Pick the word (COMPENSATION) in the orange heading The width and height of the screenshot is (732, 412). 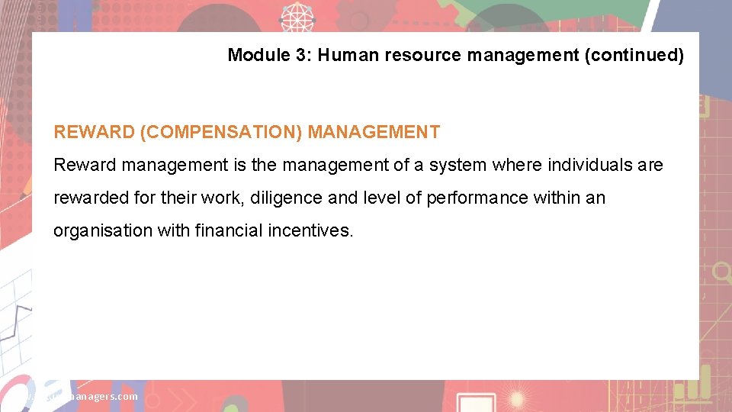coord(221,132)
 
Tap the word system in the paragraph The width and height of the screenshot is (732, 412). coord(458,165)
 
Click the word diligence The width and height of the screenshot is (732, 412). coord(288,198)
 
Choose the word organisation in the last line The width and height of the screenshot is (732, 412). coord(102,230)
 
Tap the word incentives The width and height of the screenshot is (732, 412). coord(311,230)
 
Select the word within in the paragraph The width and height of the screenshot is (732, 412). coord(555,198)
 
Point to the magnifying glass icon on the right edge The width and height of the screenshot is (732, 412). coord(720,272)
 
